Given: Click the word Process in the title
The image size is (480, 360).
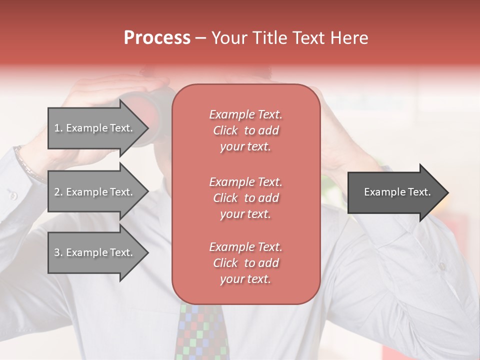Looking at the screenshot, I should (x=157, y=38).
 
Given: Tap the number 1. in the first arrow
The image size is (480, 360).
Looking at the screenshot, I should (x=58, y=128).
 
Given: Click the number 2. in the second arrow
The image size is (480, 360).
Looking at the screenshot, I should (x=58, y=192).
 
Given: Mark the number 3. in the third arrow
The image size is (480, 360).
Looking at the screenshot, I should (x=58, y=252).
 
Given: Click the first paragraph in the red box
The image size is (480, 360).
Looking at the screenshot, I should (x=245, y=130).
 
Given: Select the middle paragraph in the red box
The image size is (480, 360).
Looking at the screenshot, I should (x=245, y=198).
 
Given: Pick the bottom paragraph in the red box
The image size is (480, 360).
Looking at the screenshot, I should (x=245, y=263).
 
